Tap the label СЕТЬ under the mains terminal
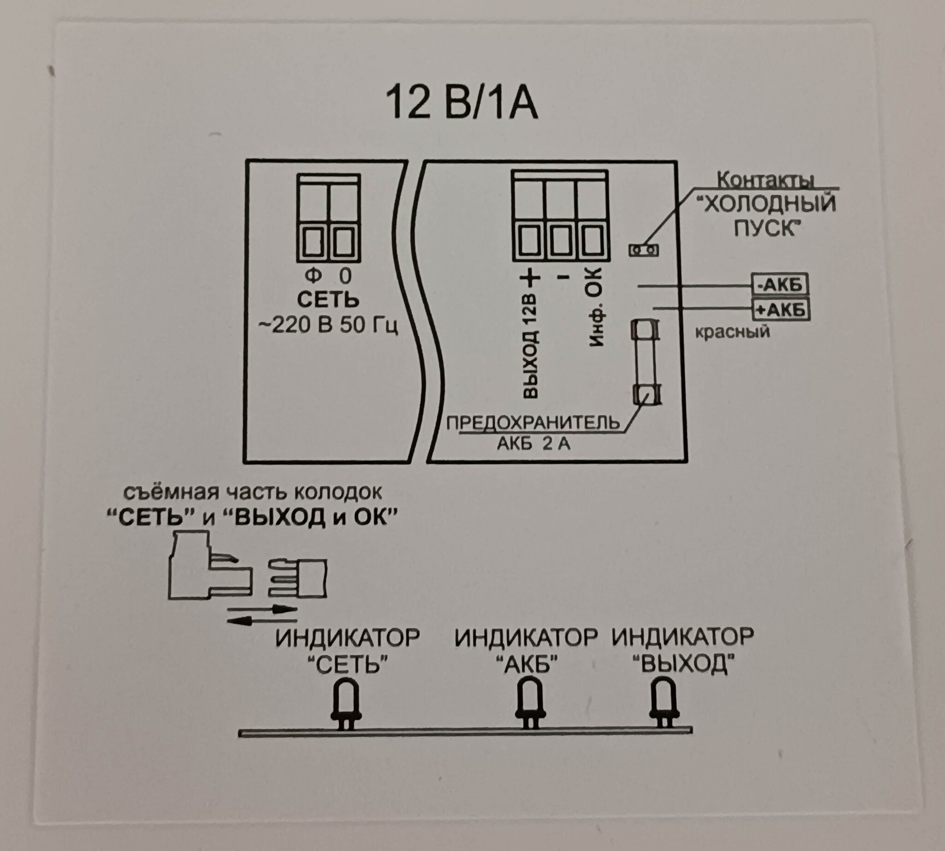[x=328, y=300]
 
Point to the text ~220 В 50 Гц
[x=328, y=325]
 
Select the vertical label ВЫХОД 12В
[x=531, y=346]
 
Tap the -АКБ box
[x=780, y=284]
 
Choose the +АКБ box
[x=780, y=309]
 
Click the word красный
[x=732, y=332]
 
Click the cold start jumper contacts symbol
[x=643, y=250]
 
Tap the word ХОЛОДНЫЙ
[x=766, y=205]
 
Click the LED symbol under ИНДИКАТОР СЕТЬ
[x=346, y=704]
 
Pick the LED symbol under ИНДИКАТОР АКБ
[x=530, y=704]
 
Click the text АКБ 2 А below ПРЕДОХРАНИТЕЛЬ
[x=533, y=443]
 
